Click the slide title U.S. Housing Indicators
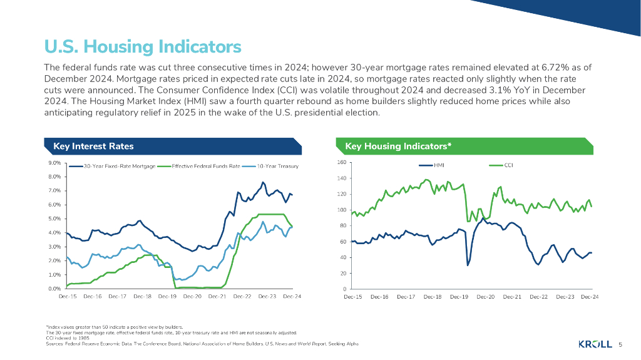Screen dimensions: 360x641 point(142,47)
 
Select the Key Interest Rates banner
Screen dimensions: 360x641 point(93,147)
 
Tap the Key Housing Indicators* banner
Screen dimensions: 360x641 point(398,147)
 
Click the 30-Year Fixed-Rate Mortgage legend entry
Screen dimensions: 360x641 point(119,167)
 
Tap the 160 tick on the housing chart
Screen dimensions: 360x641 point(341,163)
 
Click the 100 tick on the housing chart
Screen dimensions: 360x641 point(341,210)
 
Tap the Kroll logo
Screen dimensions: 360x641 point(595,344)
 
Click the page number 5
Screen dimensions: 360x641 point(620,344)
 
